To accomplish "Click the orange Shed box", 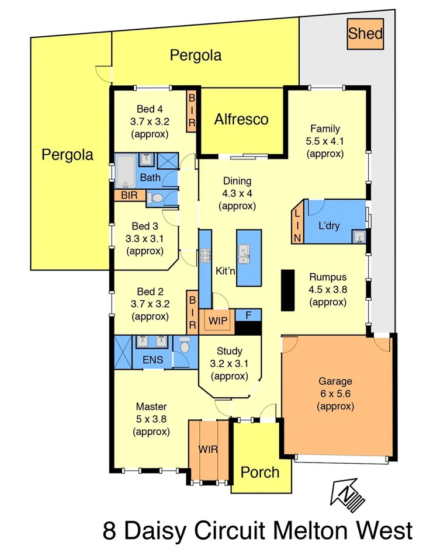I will [365, 33].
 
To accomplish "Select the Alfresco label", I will [241, 119].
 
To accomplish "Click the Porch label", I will [260, 471].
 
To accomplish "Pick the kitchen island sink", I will [244, 253].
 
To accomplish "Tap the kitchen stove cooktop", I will [205, 255].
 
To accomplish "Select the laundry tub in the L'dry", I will [359, 236].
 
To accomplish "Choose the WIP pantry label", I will [217, 321].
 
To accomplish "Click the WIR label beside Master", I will [208, 450].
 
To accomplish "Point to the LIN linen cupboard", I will [297, 222].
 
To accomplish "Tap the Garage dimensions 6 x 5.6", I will [335, 394].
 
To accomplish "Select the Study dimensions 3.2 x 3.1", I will [228, 364].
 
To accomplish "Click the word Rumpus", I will [328, 277].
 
